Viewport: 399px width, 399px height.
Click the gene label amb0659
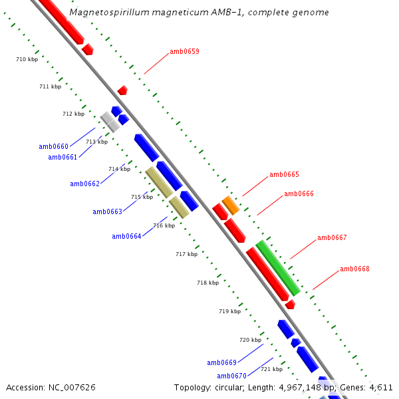tap(184, 51)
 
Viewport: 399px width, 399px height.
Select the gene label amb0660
tap(53, 146)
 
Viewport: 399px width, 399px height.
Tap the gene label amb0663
tap(107, 211)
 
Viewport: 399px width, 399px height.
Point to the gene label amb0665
tap(284, 175)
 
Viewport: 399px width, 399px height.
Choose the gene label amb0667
tap(332, 237)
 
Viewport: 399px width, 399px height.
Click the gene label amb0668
tap(354, 269)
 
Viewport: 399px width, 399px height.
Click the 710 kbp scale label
tap(27, 60)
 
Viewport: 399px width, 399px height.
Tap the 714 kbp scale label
tap(119, 169)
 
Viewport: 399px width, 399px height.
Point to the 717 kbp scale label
tap(186, 254)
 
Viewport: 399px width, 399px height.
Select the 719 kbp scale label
tap(229, 311)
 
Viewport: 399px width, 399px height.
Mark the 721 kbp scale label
tap(271, 369)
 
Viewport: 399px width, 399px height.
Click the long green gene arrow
tap(278, 268)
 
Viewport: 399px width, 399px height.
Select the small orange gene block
tap(231, 205)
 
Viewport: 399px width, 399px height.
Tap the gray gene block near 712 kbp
tap(110, 122)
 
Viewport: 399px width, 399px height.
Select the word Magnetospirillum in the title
tap(103, 13)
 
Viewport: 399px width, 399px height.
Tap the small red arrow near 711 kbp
tap(122, 90)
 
